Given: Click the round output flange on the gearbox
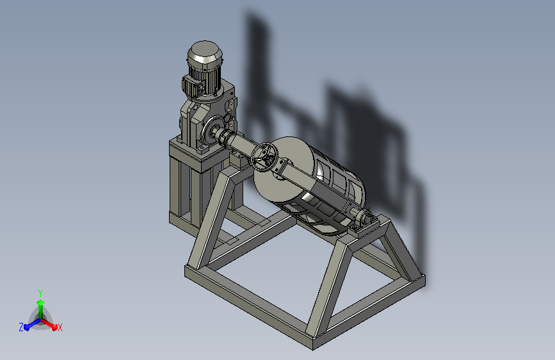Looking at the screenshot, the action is coord(213,129).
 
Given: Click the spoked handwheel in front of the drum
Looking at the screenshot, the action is coord(264,156).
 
